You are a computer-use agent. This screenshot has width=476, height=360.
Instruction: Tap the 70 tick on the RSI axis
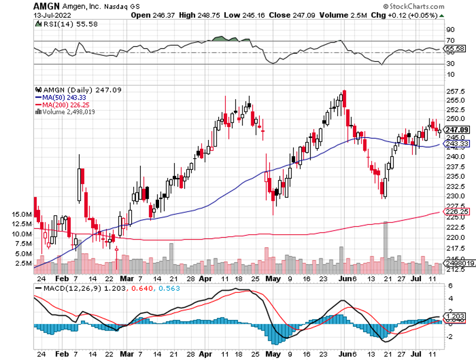point(450,41)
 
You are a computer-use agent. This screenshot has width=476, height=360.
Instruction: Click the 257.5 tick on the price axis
point(455,92)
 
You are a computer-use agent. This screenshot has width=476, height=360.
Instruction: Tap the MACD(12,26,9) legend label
point(68,289)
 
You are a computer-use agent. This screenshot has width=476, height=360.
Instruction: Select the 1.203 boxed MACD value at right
point(454,315)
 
